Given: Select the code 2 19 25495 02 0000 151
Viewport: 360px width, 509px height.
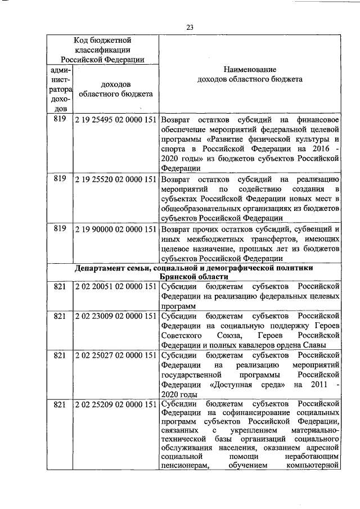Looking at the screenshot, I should click(x=115, y=119).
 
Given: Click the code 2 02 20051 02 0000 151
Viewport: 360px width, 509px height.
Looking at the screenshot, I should click(x=115, y=286).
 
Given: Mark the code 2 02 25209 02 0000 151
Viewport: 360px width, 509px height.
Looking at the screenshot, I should click(x=115, y=404).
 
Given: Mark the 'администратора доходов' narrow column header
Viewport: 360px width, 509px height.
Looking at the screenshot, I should click(x=59, y=88).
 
